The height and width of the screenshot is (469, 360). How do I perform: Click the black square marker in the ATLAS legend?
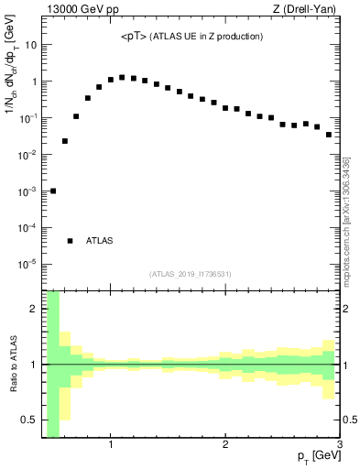pos(70,241)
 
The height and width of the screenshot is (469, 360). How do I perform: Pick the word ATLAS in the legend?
pos(100,241)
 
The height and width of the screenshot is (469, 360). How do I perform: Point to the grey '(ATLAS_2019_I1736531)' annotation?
pos(191,273)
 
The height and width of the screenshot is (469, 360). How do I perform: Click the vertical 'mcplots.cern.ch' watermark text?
pos(347,220)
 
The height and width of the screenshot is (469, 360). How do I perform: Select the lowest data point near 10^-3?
pos(53,191)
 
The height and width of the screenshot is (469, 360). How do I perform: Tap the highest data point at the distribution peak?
pos(122,77)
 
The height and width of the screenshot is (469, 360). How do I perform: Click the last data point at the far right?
pos(328,135)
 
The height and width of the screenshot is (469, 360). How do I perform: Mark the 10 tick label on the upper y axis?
pos(30,45)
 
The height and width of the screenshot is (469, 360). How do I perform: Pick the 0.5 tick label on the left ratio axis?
pos(27,420)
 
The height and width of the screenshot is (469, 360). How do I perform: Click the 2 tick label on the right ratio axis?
pos(348,309)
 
